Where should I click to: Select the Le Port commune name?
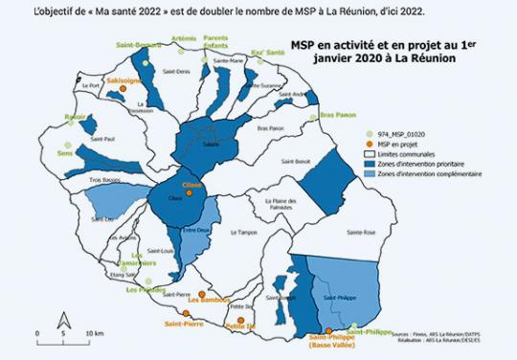click(x=92, y=86)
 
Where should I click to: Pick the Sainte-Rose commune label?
click(x=363, y=232)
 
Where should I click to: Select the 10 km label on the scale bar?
click(x=95, y=333)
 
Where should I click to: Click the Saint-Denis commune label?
click(x=177, y=72)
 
